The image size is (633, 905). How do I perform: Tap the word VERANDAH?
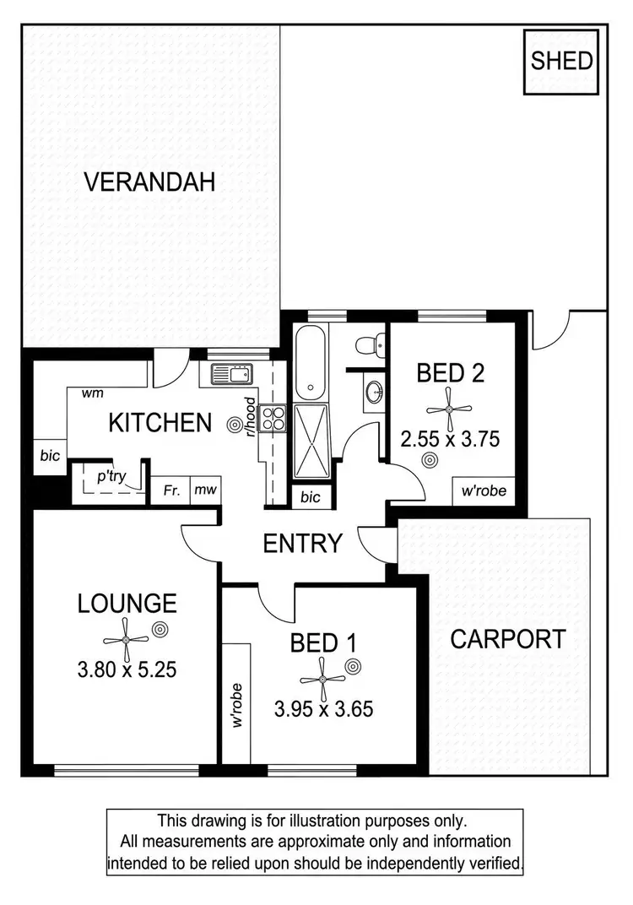click(150, 182)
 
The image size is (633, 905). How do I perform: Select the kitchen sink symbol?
click(230, 373)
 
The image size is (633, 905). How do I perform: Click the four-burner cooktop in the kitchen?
click(273, 417)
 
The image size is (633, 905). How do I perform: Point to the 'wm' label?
click(92, 393)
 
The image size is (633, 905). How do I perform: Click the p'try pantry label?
click(111, 476)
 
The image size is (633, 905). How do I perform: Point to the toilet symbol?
click(370, 346)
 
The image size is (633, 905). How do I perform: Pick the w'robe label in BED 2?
click(482, 490)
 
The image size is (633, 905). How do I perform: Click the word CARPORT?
click(507, 639)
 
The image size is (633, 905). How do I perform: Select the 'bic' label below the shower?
click(311, 497)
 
